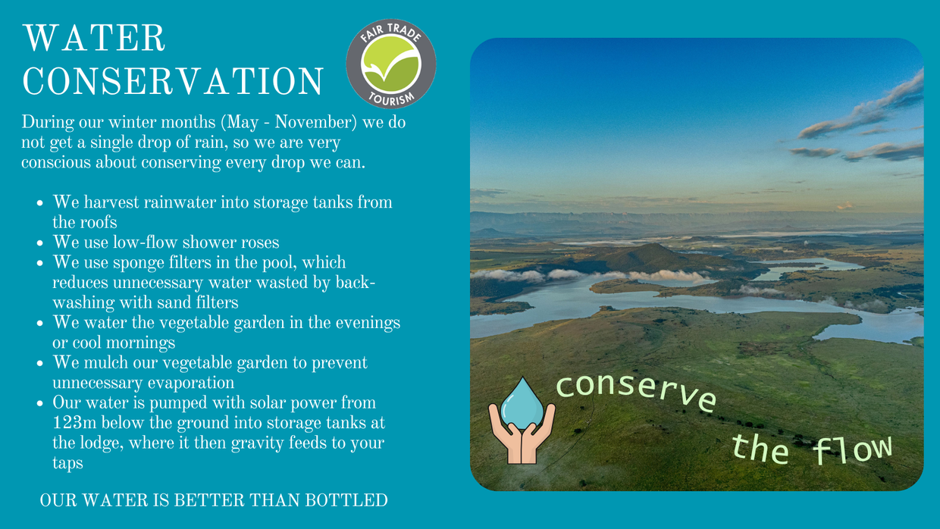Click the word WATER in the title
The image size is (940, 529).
coord(94,38)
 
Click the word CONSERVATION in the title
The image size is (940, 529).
coord(173,81)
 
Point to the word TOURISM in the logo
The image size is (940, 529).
coord(391,99)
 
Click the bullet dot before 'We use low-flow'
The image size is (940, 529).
coord(40,243)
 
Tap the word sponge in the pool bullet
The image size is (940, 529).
coord(139,263)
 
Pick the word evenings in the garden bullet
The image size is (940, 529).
coord(368,324)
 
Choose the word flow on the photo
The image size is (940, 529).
coord(852,449)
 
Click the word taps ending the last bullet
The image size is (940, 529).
coord(67,463)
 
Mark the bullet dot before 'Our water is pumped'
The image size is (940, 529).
coord(40,403)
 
